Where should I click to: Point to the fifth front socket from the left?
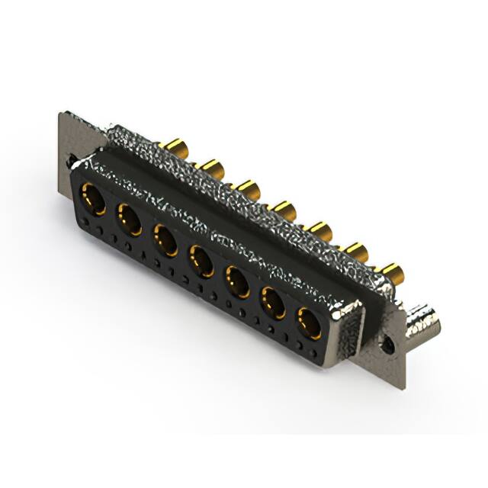238,283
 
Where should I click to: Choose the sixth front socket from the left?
274,304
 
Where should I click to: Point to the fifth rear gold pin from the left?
320,229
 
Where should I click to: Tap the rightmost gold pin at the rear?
392,271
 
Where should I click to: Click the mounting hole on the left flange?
70,162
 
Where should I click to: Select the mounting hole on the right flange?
390,345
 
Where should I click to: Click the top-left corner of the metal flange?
62,115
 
